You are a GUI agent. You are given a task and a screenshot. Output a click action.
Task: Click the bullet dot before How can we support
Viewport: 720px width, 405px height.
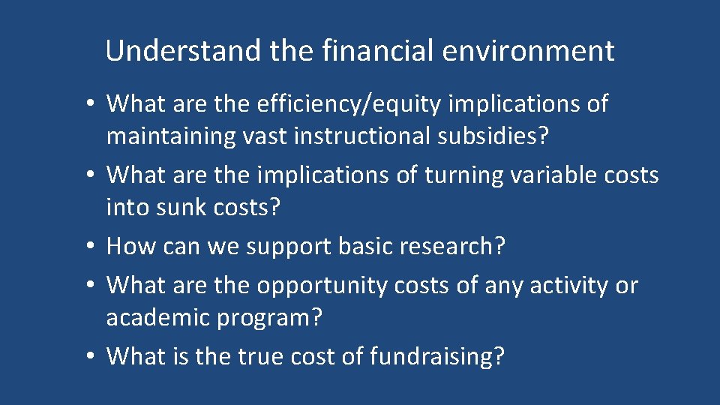click(x=90, y=247)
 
